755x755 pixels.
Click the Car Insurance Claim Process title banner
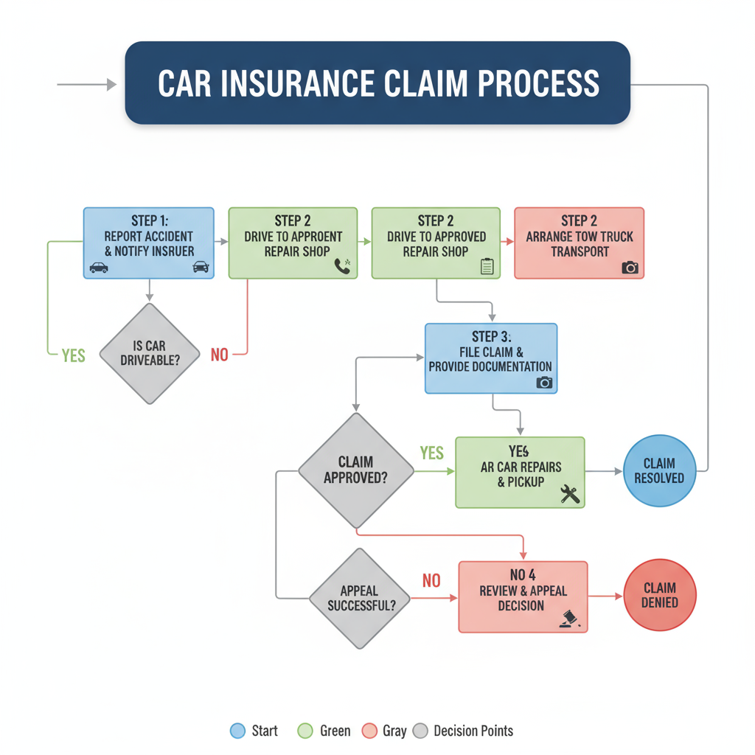377,83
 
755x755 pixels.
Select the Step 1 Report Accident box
148,243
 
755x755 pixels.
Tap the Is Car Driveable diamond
150,353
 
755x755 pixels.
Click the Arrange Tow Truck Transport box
579,243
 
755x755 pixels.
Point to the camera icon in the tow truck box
630,267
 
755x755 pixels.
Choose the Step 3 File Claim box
490,358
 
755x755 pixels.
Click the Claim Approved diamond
356,470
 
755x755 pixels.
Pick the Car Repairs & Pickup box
520,473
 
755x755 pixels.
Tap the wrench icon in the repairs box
570,494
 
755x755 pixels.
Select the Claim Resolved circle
659,470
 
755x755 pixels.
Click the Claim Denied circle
659,595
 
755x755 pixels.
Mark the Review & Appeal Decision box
523,596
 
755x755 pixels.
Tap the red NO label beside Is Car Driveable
220,355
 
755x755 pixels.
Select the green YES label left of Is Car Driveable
74,355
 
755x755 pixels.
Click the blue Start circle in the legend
237,731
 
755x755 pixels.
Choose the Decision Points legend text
473,731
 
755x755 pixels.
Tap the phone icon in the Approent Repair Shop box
343,266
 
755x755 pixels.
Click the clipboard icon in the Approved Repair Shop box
487,266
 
